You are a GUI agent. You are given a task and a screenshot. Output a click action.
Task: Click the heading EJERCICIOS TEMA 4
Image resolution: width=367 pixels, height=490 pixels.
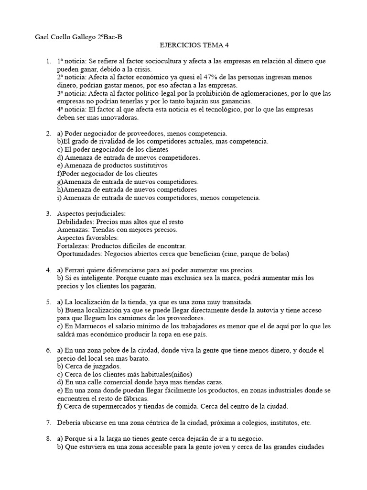[x=194, y=45]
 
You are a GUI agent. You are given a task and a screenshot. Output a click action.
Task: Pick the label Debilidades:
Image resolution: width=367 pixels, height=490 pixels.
[x=76, y=222]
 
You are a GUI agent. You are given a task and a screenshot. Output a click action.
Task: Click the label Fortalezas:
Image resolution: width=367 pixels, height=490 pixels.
[x=73, y=245]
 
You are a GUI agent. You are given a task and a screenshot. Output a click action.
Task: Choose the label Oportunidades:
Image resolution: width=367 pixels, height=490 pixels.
[x=79, y=254]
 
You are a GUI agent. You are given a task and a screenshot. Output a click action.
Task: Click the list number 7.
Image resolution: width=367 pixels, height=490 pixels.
[x=49, y=423]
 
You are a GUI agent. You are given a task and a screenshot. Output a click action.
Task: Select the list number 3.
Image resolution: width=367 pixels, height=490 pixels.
[x=49, y=214]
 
